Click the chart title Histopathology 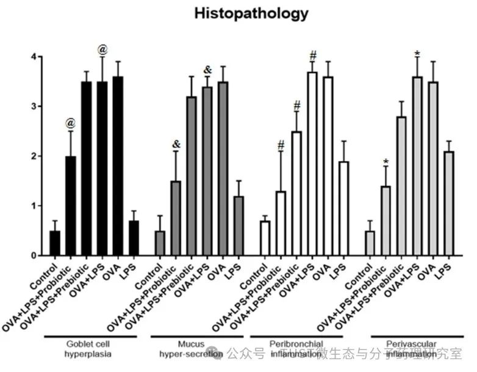(251, 14)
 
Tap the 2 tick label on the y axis (34, 157)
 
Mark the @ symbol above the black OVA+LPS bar (102, 49)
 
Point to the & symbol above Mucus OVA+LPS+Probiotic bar (176, 144)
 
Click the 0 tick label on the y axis (34, 256)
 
